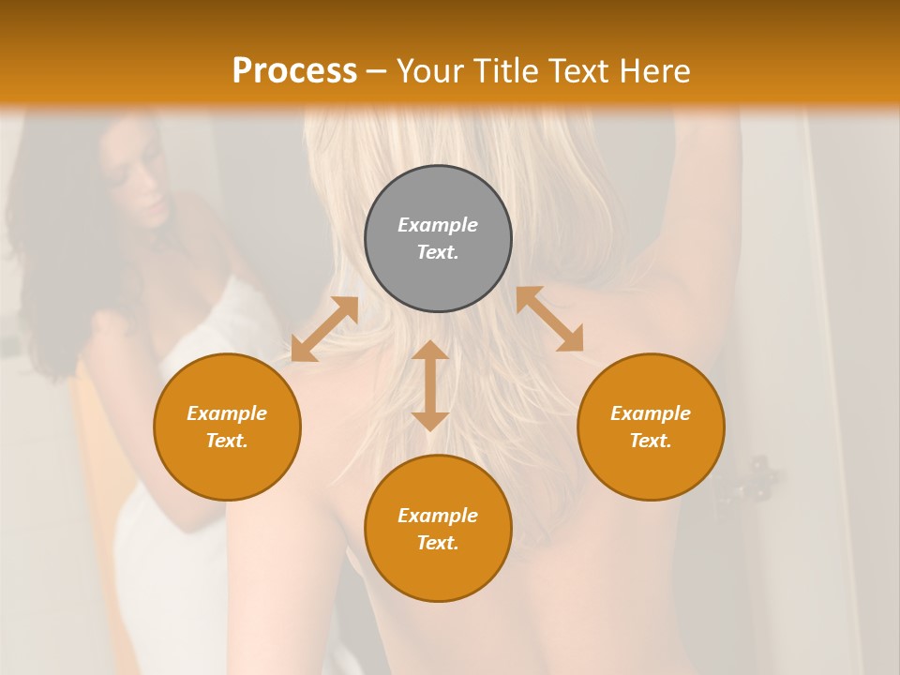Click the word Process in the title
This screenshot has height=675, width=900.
(x=294, y=71)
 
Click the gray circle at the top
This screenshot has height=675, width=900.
(x=438, y=239)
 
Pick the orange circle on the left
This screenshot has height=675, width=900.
(x=227, y=427)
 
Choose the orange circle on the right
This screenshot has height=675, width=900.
(x=651, y=427)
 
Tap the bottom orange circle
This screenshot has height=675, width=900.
(x=438, y=529)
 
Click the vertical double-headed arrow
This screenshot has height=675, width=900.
(x=430, y=385)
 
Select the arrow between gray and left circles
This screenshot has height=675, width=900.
(x=324, y=329)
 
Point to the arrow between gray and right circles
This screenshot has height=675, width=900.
(x=549, y=319)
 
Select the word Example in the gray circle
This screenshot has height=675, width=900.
(x=438, y=225)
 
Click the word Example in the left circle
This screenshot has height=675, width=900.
(x=227, y=413)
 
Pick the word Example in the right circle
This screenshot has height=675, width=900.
(x=651, y=413)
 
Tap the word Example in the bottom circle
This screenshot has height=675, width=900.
(x=438, y=516)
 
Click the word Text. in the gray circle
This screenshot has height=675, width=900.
(x=438, y=252)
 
